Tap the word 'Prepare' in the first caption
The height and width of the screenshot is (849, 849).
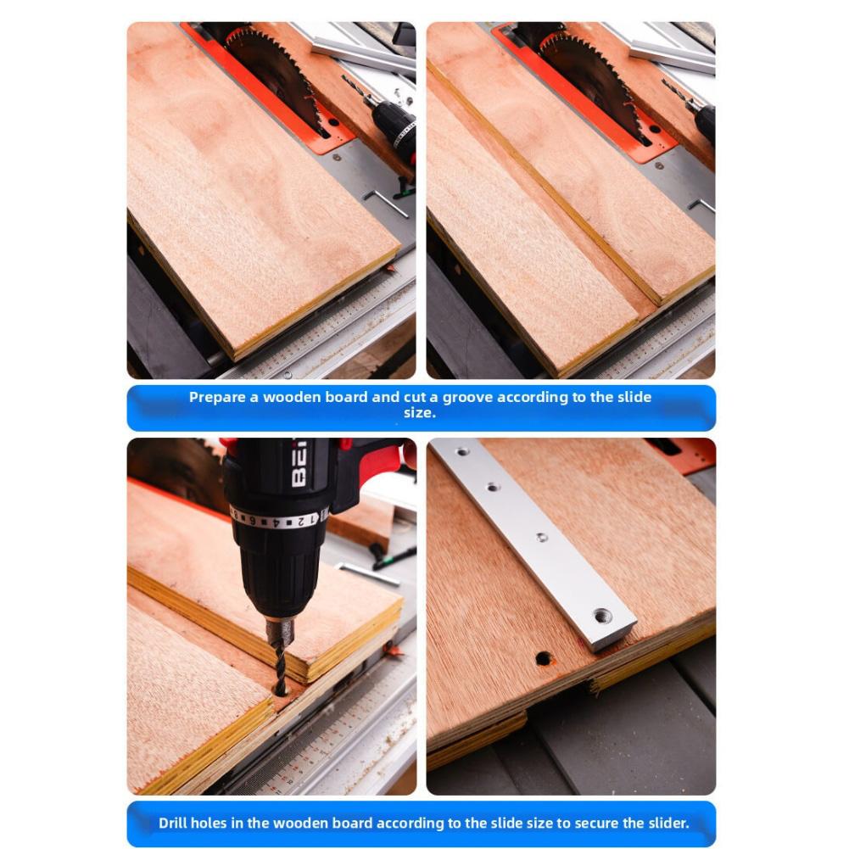217,397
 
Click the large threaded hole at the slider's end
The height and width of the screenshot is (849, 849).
603,615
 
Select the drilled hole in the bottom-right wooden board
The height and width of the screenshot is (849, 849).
544,657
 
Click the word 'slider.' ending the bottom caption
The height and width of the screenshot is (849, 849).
665,823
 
